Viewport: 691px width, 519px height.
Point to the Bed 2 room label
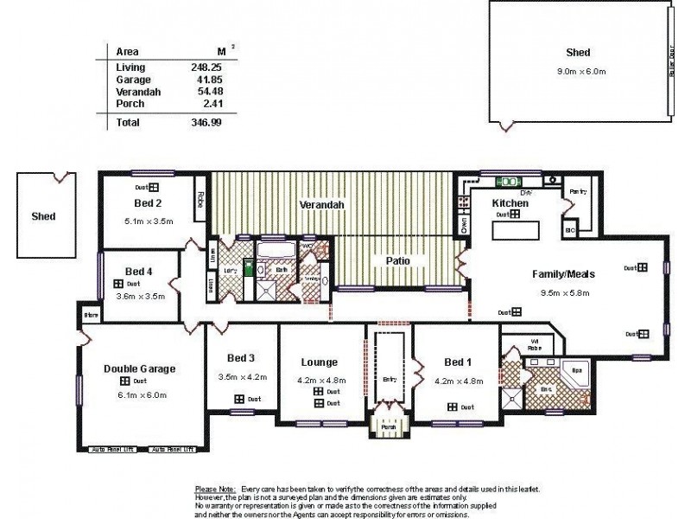[148, 204]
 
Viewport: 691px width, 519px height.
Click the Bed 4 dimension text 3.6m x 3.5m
[139, 296]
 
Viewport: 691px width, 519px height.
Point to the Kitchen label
[509, 202]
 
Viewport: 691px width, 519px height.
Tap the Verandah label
[321, 205]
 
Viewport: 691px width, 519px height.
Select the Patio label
[397, 259]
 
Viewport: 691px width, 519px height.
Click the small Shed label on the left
[43, 216]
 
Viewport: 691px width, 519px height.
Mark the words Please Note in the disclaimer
[217, 490]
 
